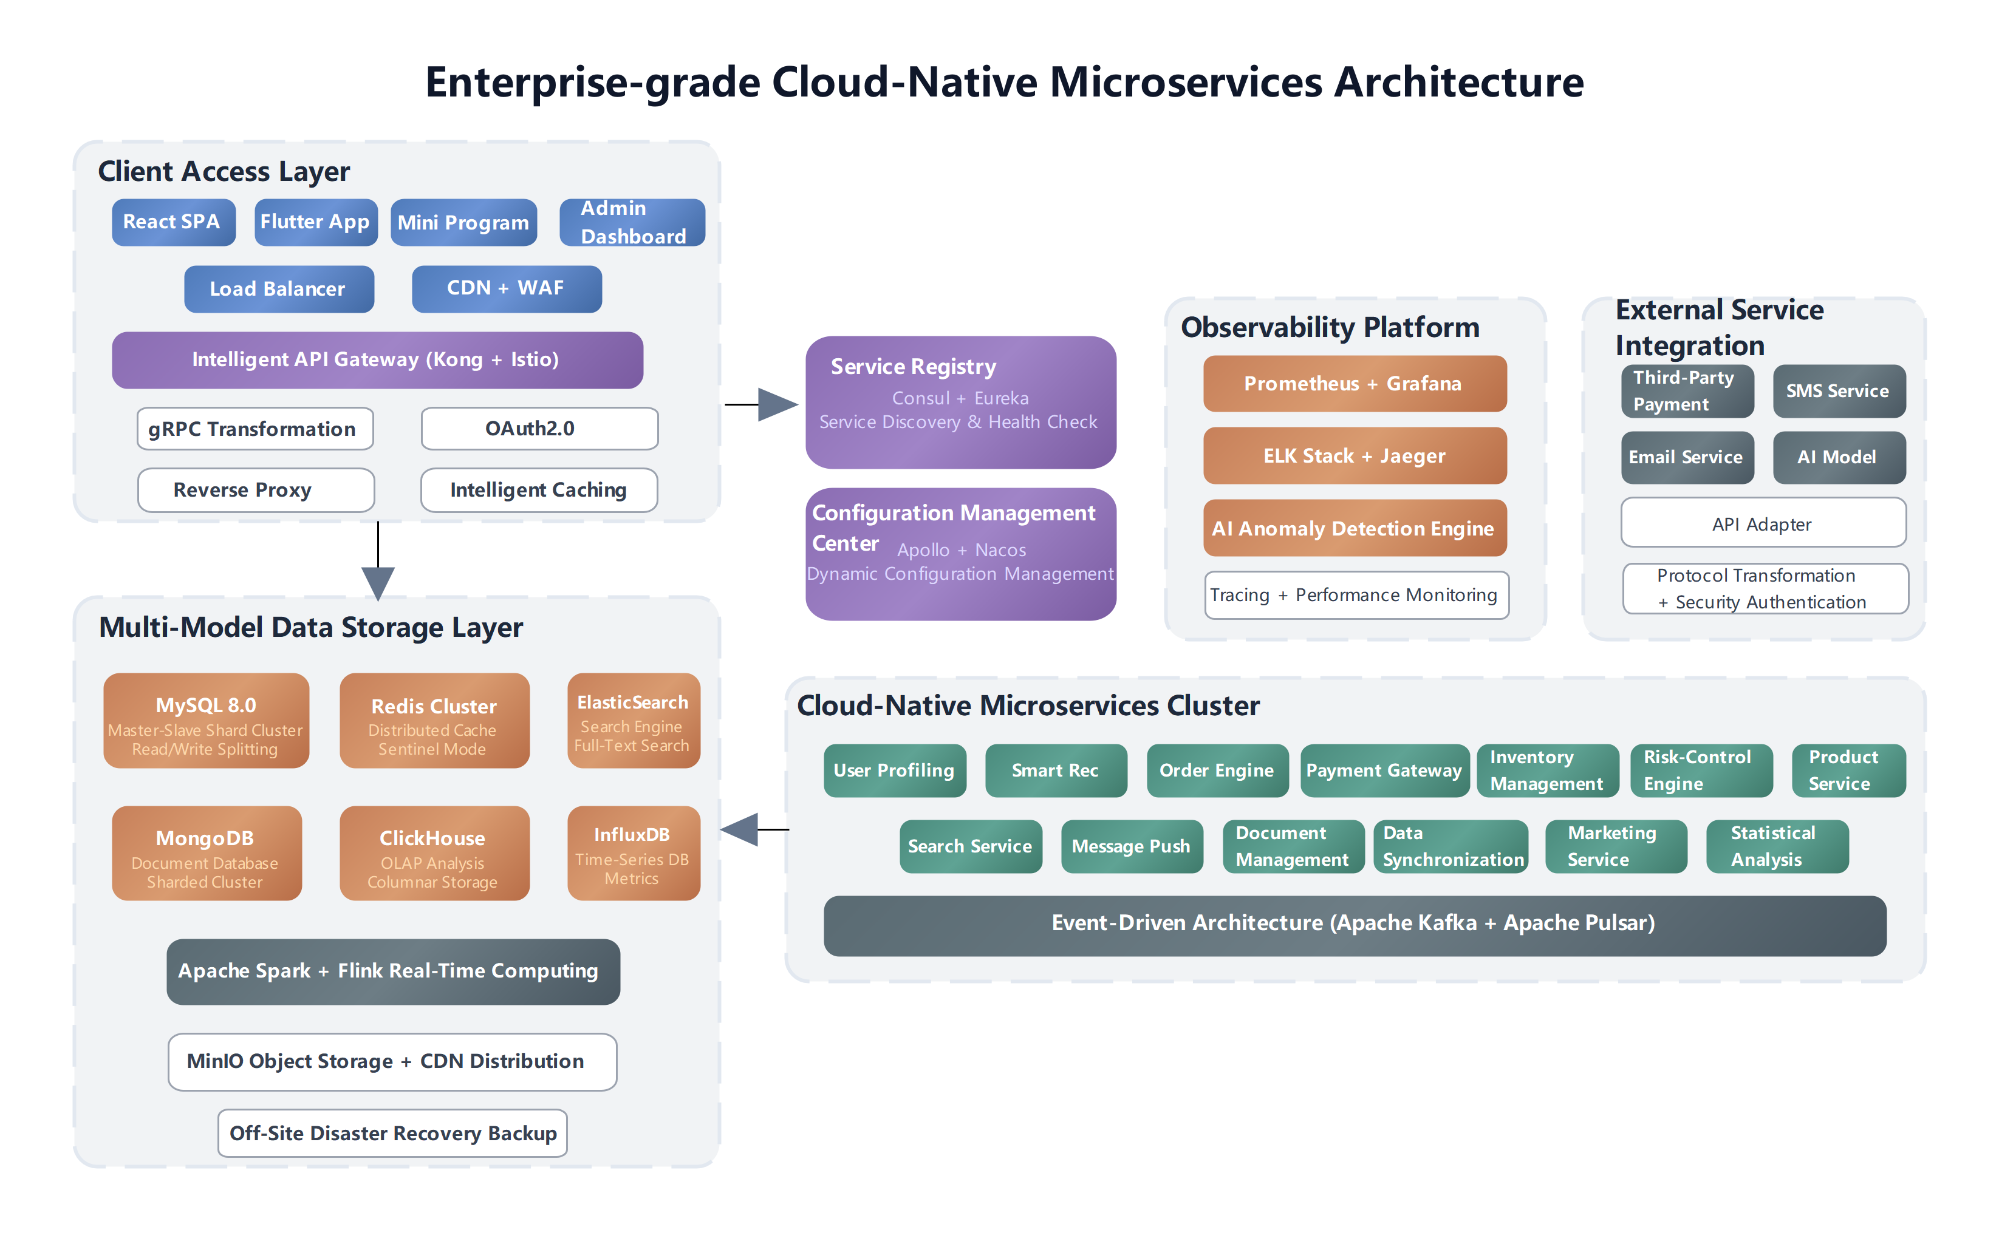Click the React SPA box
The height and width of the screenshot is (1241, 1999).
[x=173, y=222]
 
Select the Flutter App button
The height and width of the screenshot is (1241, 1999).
[x=315, y=222]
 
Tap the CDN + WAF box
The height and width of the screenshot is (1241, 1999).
[x=507, y=289]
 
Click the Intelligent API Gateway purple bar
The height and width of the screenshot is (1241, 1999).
[x=377, y=360]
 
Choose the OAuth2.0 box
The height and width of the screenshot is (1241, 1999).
[x=539, y=429]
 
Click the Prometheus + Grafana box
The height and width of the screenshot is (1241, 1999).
[x=1355, y=384]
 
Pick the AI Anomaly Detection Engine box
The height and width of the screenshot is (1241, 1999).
[x=1355, y=529]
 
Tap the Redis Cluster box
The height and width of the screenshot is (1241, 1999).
[x=434, y=721]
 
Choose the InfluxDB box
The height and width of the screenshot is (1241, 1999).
[x=633, y=854]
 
